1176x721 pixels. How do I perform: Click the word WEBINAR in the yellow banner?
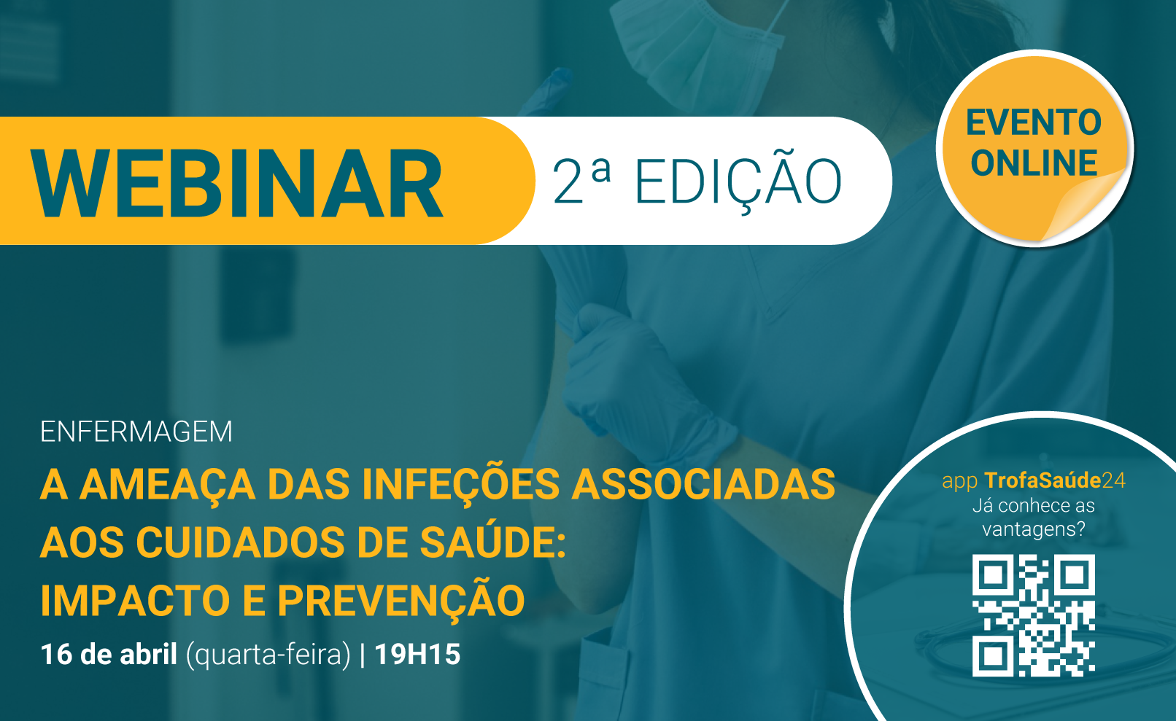[x=237, y=182]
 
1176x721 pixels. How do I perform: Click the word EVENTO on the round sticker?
[x=1034, y=122]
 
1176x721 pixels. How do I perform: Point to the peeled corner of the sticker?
[x=1081, y=205]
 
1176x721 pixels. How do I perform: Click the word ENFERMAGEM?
[x=136, y=432]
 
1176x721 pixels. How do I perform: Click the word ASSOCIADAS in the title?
[x=703, y=484]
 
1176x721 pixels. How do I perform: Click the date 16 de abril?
[x=109, y=655]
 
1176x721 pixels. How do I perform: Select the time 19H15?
[x=417, y=655]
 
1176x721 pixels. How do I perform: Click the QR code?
[x=1033, y=615]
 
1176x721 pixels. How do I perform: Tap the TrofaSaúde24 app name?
[x=1055, y=480]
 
